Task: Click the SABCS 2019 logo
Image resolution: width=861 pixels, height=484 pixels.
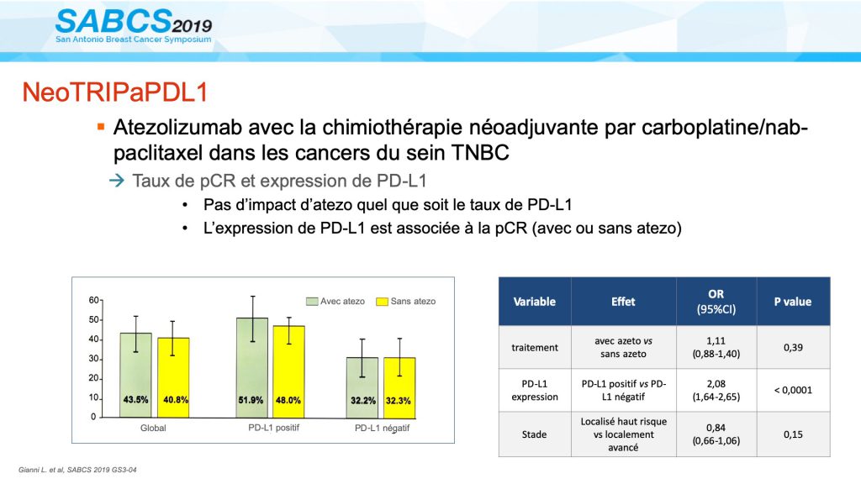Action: (x=134, y=26)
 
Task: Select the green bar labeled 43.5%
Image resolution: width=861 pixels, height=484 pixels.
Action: (x=135, y=375)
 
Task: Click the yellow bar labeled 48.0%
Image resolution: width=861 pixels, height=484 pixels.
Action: (x=289, y=371)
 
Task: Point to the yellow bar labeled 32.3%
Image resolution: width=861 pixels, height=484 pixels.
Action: (x=399, y=387)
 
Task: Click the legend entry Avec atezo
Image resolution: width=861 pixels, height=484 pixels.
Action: (x=335, y=301)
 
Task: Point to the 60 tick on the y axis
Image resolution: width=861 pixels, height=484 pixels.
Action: (x=94, y=300)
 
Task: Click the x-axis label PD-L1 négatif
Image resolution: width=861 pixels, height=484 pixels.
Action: (x=383, y=429)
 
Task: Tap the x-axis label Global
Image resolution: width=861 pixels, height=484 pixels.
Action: (x=154, y=429)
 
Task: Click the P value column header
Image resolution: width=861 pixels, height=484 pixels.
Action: (x=794, y=301)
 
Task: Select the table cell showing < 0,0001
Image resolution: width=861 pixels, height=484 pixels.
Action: (x=794, y=390)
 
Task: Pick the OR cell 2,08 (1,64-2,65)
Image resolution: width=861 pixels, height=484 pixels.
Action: (x=717, y=390)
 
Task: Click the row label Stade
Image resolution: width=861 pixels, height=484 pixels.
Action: (x=534, y=434)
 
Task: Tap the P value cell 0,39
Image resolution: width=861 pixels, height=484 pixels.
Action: (x=794, y=347)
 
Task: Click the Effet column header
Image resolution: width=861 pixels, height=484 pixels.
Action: (x=623, y=301)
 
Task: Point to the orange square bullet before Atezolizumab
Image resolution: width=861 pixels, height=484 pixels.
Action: (x=101, y=128)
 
